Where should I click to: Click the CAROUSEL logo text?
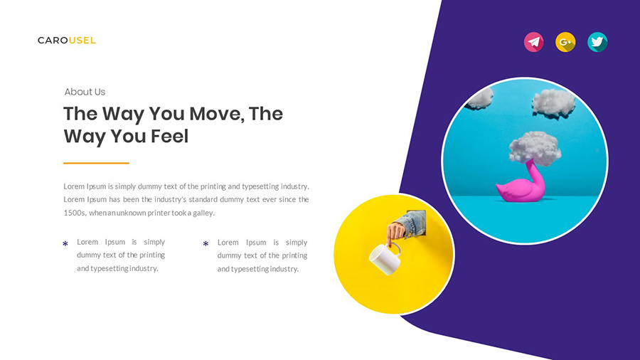tap(66, 41)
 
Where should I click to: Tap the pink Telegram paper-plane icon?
tap(533, 42)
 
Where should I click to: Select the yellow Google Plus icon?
tap(565, 42)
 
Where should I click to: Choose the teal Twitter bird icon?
tap(597, 42)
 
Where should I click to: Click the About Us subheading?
tap(85, 92)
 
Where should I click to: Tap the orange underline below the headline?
tap(96, 163)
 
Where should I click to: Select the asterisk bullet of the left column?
tap(65, 245)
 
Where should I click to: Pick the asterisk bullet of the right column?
tap(206, 245)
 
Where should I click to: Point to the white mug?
tap(383, 260)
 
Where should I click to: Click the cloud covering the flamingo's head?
tap(534, 146)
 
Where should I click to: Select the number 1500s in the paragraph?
tap(75, 213)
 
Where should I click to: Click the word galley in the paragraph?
tap(202, 213)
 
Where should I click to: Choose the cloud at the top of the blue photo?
tap(553, 102)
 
